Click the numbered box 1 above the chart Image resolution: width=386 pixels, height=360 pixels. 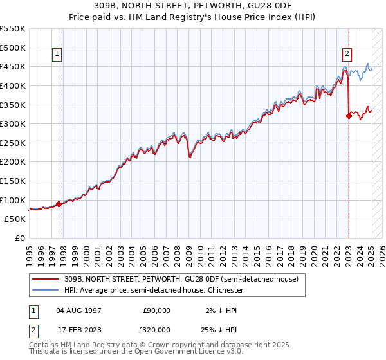58,55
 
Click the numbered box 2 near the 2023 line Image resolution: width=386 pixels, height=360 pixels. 347,55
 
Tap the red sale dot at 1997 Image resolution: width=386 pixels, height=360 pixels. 59,204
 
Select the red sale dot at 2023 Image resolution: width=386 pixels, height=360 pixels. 349,116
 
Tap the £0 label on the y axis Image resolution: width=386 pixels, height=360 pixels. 21,238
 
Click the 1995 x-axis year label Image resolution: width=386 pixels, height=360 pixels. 29,253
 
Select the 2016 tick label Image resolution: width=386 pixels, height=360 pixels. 268,253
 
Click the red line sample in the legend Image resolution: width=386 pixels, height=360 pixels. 46,280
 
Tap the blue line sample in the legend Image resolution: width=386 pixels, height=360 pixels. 46,291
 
